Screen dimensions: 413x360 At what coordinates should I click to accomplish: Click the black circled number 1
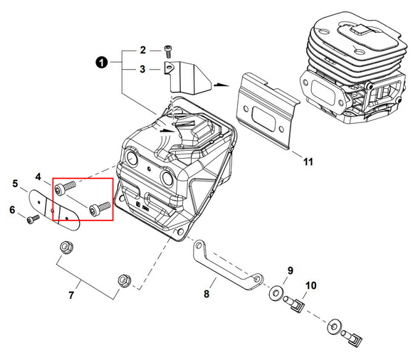[x=102, y=63]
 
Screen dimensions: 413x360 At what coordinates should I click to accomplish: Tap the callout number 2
[x=142, y=50]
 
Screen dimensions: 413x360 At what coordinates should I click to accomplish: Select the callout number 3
[x=142, y=69]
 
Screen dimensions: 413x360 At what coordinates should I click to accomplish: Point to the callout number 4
[x=38, y=176]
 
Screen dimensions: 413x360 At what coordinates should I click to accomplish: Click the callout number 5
[x=15, y=183]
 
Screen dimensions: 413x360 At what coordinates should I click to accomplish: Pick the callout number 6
[x=12, y=210]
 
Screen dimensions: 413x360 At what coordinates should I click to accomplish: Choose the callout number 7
[x=71, y=295]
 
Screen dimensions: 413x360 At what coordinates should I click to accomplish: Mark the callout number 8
[x=206, y=294]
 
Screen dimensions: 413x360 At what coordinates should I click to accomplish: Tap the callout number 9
[x=290, y=270]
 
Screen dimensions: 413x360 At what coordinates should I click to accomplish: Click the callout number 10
[x=310, y=285]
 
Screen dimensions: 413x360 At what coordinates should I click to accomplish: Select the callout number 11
[x=308, y=162]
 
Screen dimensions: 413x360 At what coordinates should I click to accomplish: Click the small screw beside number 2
[x=167, y=51]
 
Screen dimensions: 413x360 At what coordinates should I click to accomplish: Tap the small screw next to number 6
[x=33, y=219]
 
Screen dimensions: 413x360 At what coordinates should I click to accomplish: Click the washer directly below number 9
[x=276, y=293]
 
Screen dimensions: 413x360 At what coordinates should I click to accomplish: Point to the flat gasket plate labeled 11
[x=268, y=111]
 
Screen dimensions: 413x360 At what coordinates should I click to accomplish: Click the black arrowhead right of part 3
[x=221, y=85]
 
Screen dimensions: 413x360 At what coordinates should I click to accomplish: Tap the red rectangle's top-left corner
[x=53, y=178]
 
